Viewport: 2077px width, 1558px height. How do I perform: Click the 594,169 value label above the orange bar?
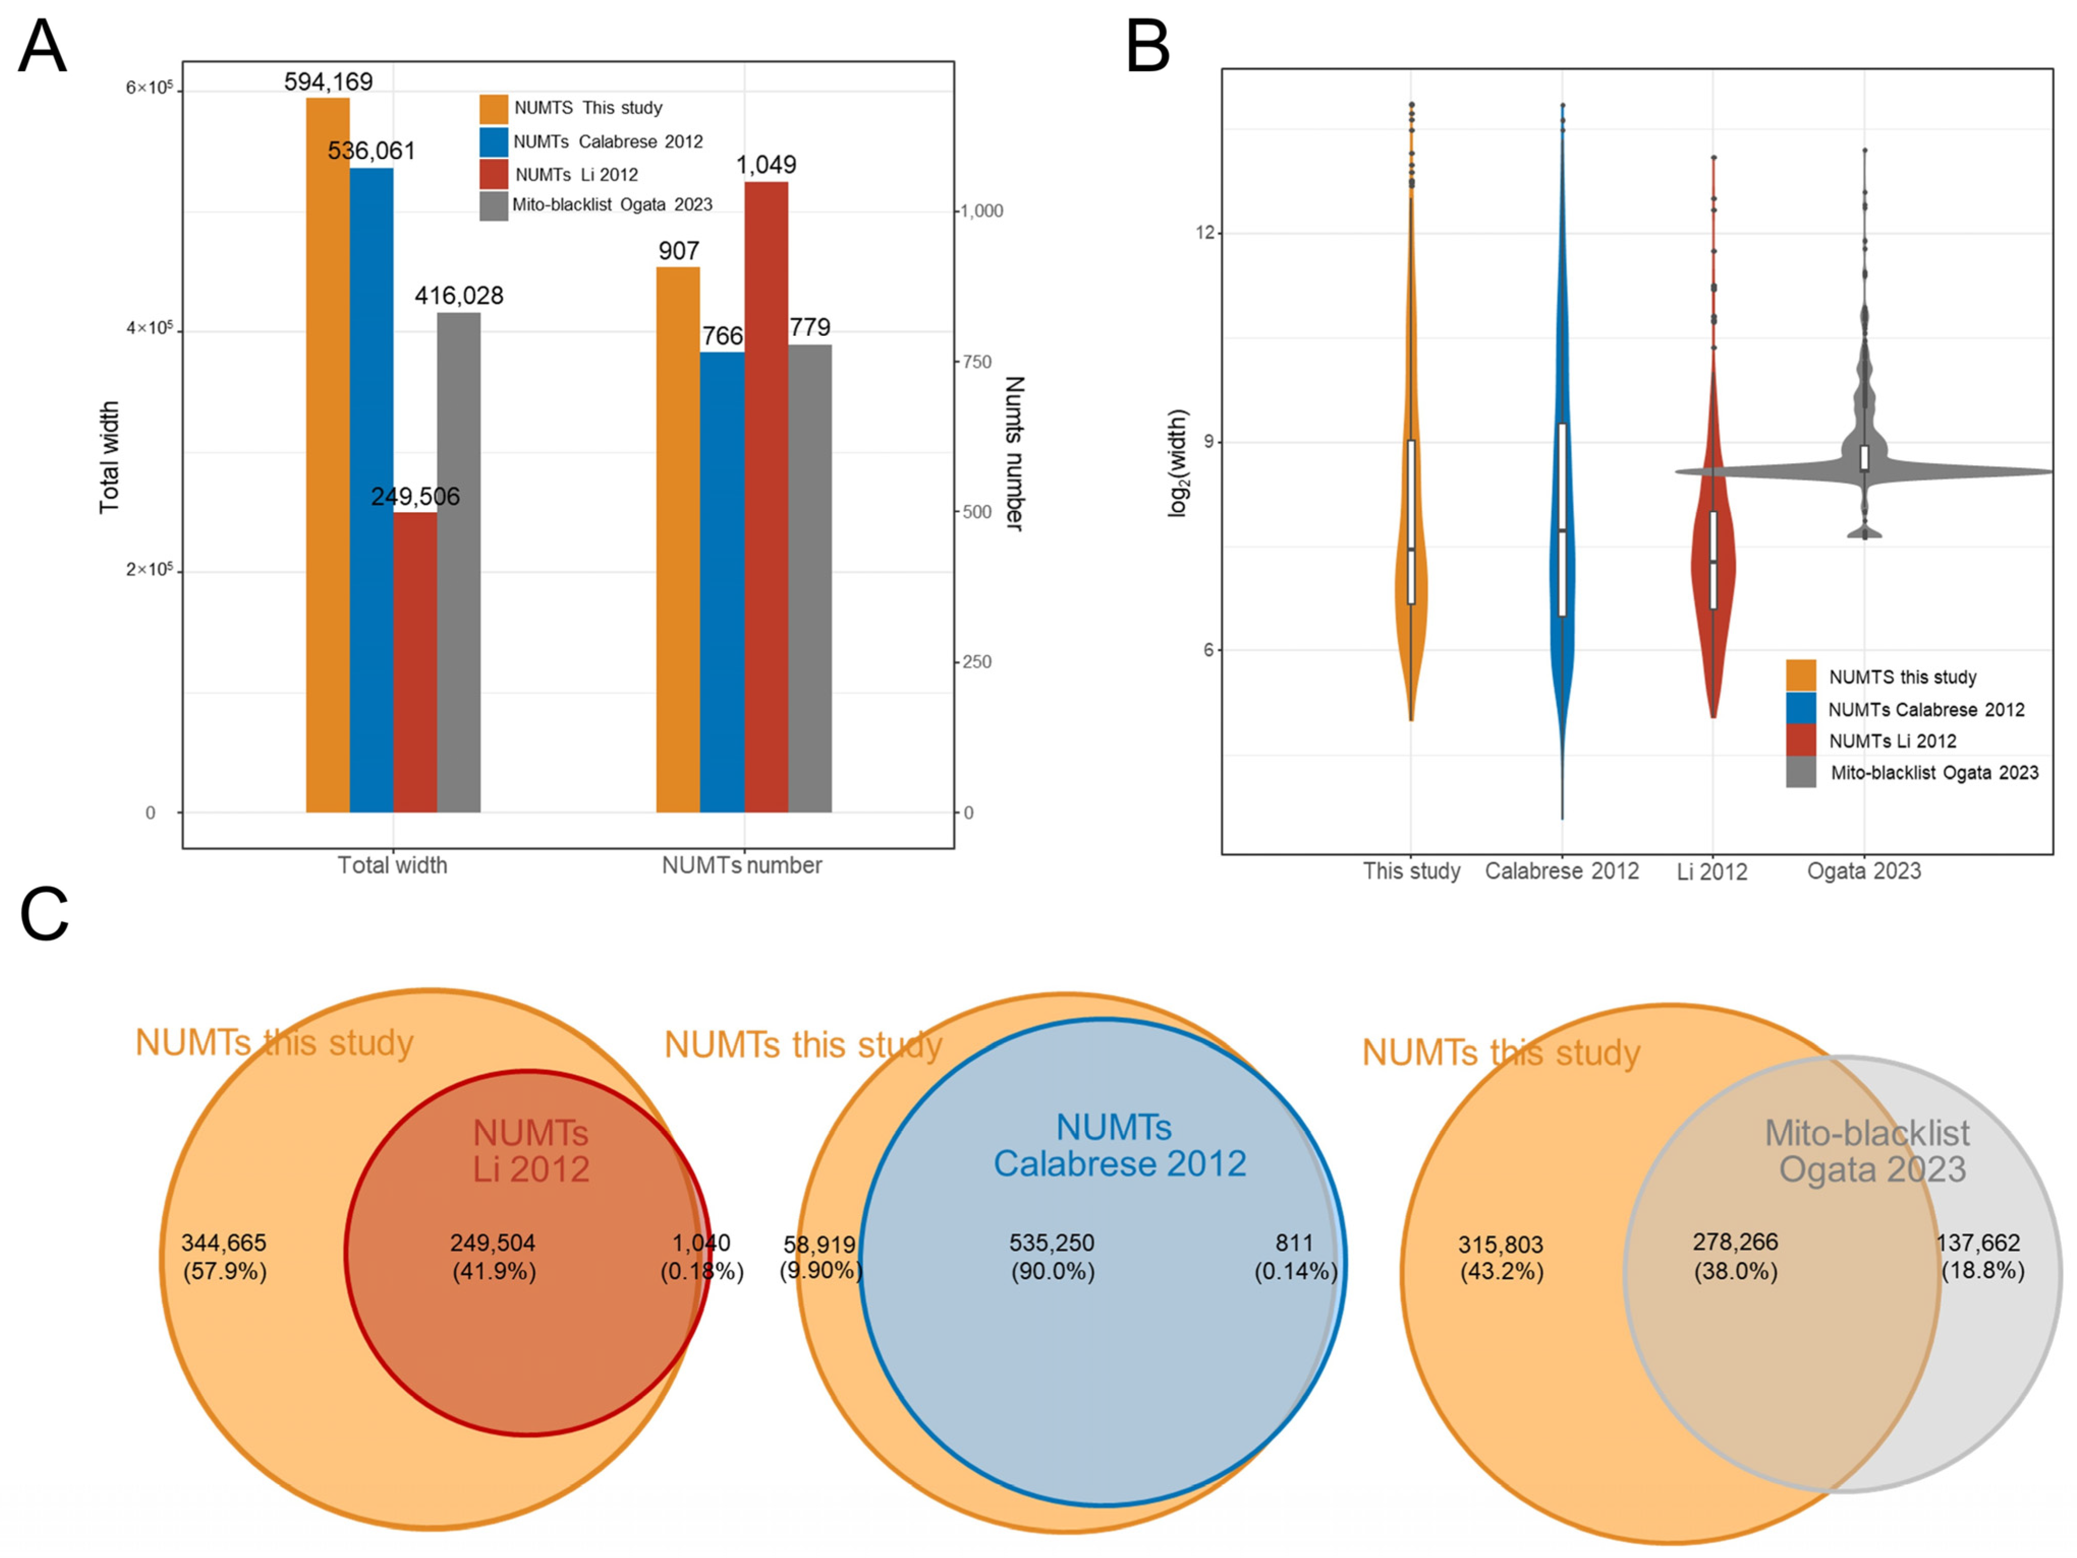pos(329,82)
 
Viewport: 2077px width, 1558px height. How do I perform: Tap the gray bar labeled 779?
pos(809,578)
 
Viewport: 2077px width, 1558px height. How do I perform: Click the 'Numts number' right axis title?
pos(1014,454)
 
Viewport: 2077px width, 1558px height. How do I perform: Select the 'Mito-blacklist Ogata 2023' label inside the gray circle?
pos(1868,1151)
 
